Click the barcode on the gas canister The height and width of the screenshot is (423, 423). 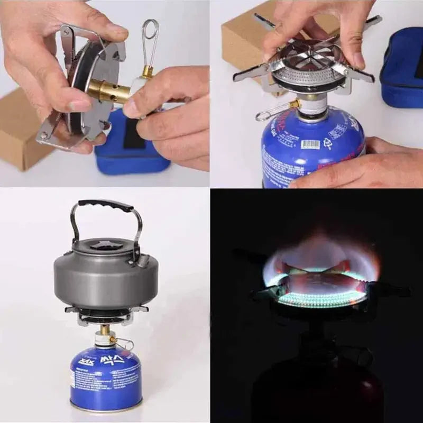tap(310, 144)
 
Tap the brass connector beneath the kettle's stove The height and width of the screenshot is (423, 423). tap(105, 330)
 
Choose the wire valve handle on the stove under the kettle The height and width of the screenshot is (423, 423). tap(125, 344)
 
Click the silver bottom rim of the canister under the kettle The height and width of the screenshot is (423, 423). tap(106, 407)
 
